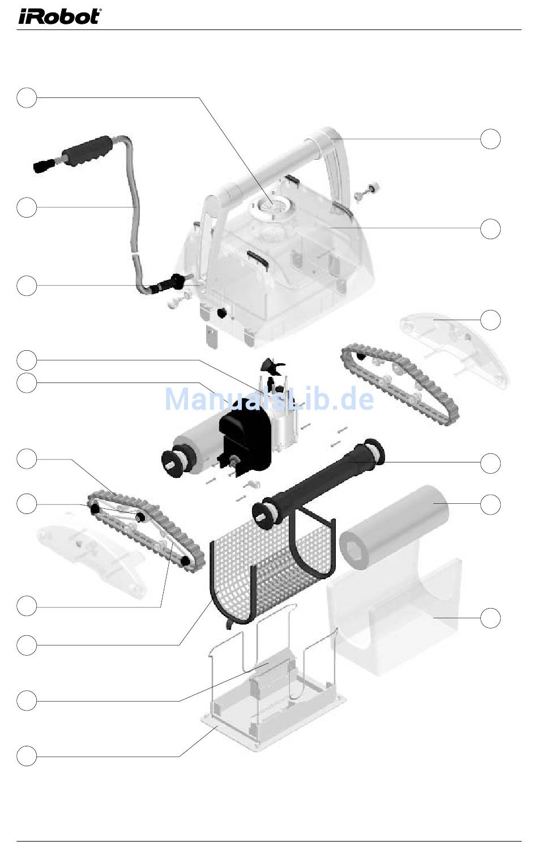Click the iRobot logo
59,17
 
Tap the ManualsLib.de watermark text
269,399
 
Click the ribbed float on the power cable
87,151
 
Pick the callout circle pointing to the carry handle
490,139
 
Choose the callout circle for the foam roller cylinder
490,504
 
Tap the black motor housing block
245,438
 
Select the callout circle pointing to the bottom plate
27,756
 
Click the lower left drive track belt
146,532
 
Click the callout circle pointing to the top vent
27,97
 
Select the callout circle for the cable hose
27,207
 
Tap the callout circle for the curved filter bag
490,618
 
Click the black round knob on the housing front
221,313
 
